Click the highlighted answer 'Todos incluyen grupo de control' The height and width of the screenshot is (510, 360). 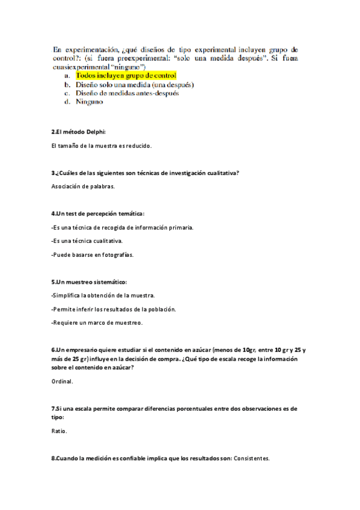126,76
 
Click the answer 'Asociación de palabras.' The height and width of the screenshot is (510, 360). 84,186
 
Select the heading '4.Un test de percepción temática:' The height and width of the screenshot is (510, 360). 98,214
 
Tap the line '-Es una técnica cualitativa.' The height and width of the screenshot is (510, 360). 88,241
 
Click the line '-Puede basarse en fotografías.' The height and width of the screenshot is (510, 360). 93,254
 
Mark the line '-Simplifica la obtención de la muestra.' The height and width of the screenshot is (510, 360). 103,295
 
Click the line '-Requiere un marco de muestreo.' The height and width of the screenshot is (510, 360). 97,322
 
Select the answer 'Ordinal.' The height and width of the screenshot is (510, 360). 63,381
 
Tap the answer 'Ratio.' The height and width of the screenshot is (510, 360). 59,431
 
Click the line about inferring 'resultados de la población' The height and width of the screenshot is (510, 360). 114,309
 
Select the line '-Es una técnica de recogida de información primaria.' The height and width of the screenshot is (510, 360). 123,227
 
